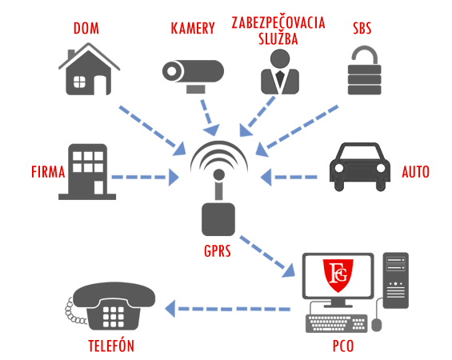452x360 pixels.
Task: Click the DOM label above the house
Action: coord(86,29)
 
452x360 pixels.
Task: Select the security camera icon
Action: coord(193,76)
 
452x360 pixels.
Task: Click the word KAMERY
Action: coord(193,29)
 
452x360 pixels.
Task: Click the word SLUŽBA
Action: coord(278,39)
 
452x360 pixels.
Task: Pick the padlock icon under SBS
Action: coord(364,70)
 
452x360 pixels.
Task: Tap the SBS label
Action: coord(362,29)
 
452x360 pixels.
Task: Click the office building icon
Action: coord(87,172)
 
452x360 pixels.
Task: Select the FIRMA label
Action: coord(48,172)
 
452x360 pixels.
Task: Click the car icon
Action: coord(360,167)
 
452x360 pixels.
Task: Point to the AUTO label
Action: coord(416,172)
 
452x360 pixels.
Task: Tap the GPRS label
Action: coord(218,251)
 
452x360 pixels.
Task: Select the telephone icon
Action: coord(110,306)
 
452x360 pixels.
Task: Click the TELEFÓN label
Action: coord(111,346)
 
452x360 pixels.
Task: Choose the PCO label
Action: coord(343,346)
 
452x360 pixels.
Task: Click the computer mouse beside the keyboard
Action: coord(377,325)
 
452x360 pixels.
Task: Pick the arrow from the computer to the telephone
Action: coord(227,309)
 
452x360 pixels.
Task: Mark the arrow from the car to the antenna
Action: coord(289,177)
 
